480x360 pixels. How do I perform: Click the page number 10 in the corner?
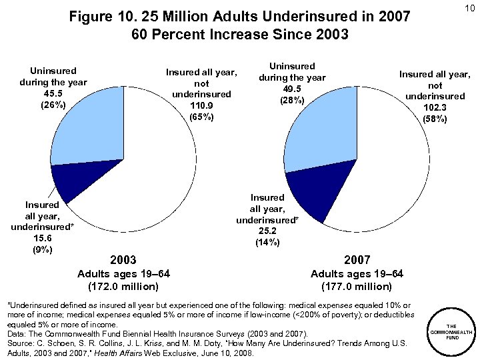coord(469,7)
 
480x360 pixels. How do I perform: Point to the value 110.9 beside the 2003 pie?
coord(201,105)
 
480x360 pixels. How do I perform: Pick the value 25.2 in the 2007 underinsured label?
coord(267,231)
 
